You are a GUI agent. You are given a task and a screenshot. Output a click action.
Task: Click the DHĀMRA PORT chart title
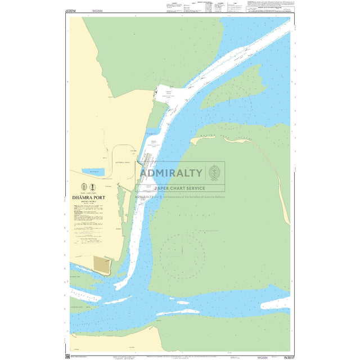[88, 198]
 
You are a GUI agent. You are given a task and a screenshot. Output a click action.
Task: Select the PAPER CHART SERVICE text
[180, 188]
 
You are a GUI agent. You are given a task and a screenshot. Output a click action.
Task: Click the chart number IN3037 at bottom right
[289, 357]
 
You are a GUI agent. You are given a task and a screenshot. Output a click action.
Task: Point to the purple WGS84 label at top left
[97, 10]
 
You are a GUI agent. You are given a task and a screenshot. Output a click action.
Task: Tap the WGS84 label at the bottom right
[263, 357]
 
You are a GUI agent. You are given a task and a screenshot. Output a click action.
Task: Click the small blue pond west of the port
[93, 172]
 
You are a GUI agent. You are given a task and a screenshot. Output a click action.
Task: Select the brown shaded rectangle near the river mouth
[102, 265]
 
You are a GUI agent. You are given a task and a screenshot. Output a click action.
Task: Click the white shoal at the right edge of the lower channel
[276, 304]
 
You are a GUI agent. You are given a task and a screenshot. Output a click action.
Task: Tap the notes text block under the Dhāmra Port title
[88, 219]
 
